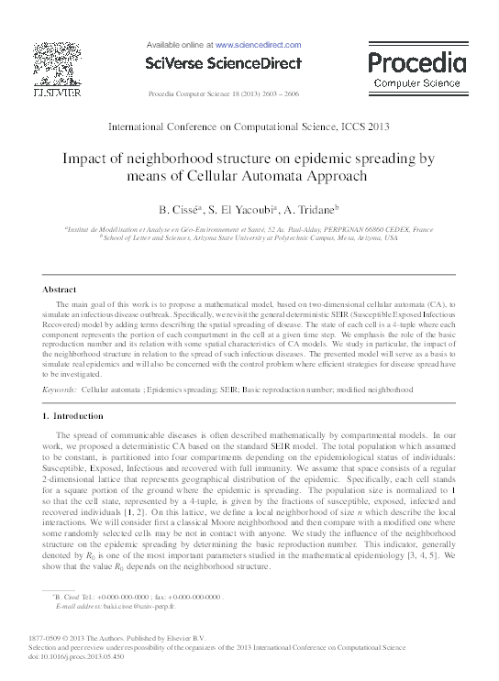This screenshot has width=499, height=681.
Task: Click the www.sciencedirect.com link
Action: pyautogui.click(x=258, y=43)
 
